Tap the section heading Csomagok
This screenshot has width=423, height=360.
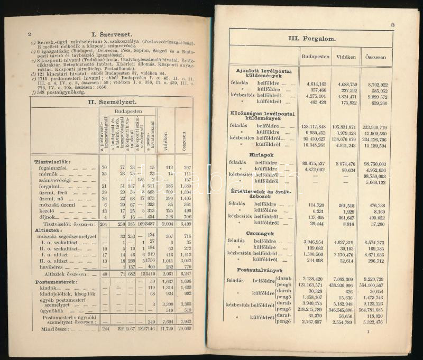pos(246,232)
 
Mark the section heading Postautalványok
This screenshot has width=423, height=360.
pos(254,270)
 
